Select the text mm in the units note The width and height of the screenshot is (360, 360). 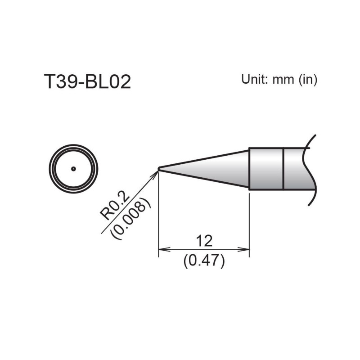point(282,80)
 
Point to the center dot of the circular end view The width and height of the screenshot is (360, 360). point(73,169)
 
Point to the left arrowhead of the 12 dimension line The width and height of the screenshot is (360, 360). point(162,249)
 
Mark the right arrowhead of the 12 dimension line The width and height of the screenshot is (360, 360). point(246,249)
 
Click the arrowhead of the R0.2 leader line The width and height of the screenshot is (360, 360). point(156,173)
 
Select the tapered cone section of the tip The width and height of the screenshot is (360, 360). point(207,169)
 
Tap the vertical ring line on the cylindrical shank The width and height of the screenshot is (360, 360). point(283,169)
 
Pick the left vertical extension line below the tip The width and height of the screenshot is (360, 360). point(159,216)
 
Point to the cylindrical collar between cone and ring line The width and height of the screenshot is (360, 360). point(266,169)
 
